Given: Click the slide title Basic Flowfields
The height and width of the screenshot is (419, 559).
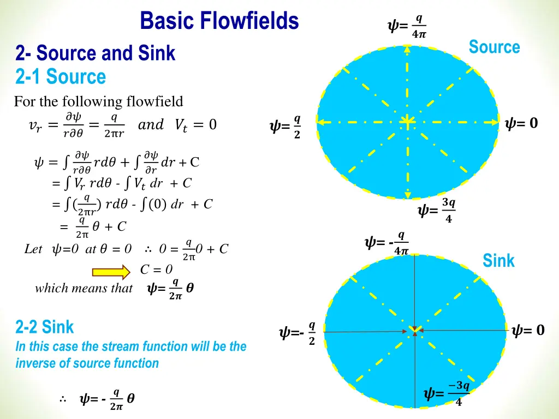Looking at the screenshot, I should (219, 22).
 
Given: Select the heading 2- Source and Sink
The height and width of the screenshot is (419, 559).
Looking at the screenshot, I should (96, 53).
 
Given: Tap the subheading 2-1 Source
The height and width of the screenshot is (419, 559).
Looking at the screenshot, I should (61, 77).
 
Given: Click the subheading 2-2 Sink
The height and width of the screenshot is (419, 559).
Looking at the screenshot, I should (45, 327).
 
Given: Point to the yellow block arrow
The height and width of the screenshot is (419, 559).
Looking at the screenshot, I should (112, 271).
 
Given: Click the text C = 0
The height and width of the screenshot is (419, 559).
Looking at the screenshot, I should (156, 269).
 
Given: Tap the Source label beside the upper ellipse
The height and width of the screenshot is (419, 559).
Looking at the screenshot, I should (494, 47).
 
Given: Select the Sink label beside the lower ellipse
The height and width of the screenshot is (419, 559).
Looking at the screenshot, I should (498, 261).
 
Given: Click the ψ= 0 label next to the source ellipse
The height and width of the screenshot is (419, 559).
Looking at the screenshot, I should (521, 124).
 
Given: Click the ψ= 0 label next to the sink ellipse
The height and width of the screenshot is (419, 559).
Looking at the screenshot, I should (528, 330).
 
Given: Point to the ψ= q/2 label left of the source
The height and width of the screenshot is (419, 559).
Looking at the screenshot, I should (286, 127).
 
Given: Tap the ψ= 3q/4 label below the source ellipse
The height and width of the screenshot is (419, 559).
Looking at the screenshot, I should (436, 211).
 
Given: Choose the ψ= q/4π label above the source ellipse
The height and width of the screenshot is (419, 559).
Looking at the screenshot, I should (406, 26).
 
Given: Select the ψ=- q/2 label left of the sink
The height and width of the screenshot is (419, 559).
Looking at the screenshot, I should (298, 333).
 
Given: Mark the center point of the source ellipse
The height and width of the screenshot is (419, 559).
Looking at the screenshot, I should (407, 121).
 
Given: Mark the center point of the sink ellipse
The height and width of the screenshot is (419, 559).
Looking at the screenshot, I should (415, 331).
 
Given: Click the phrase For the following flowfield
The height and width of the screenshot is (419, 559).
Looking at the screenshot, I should (98, 101).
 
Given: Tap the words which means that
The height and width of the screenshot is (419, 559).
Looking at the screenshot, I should (84, 288).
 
